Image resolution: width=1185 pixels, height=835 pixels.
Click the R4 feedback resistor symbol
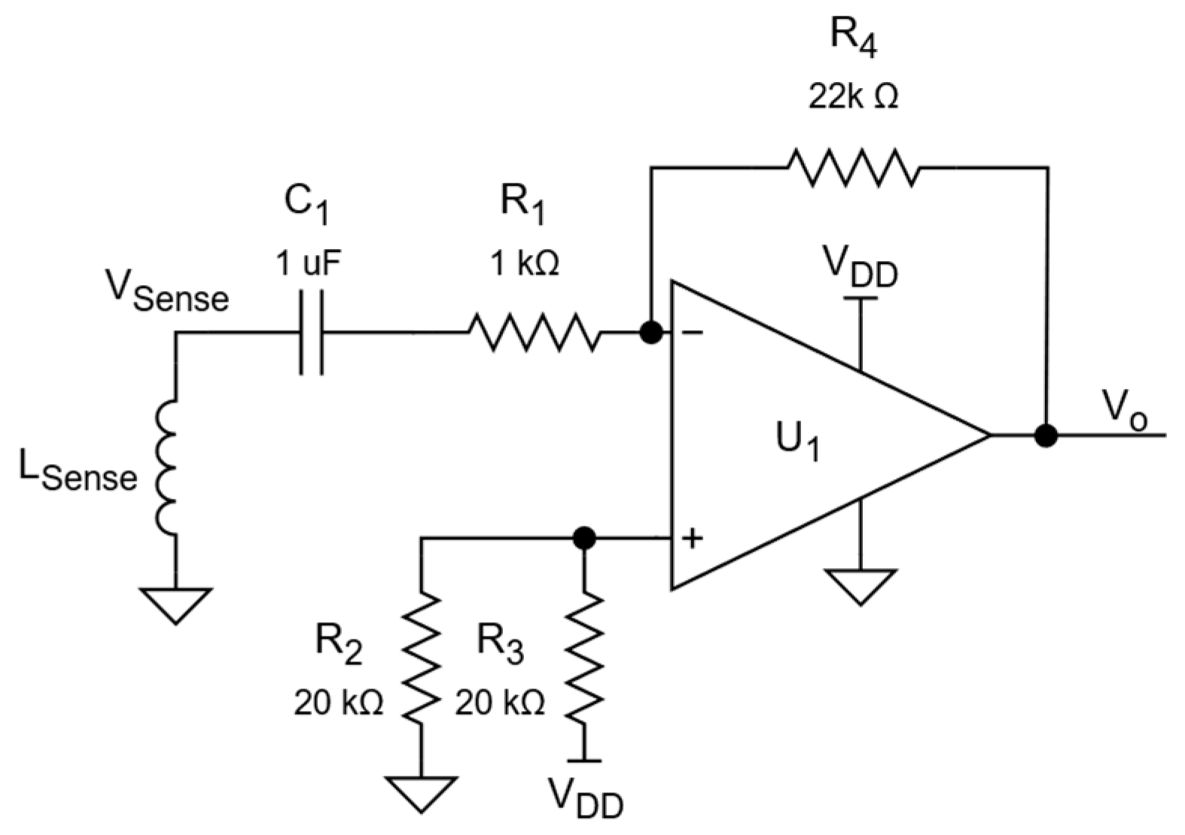pyautogui.click(x=853, y=168)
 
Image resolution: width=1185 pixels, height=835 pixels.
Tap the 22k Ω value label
pyautogui.click(x=853, y=97)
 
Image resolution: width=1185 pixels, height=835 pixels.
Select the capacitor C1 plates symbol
pyautogui.click(x=311, y=332)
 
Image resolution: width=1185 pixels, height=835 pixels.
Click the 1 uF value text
pyautogui.click(x=309, y=264)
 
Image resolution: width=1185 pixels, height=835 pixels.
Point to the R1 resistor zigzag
pyautogui.click(x=535, y=332)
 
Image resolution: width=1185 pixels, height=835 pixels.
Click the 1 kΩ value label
pyautogui.click(x=525, y=264)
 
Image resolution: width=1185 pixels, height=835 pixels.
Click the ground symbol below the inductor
pyautogui.click(x=175, y=604)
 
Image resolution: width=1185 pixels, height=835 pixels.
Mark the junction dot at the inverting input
pyautogui.click(x=651, y=332)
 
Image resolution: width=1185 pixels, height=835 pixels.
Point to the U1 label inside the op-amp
pyautogui.click(x=797, y=442)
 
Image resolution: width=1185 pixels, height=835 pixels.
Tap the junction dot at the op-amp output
pyautogui.click(x=1046, y=435)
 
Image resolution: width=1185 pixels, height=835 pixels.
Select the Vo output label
pyautogui.click(x=1125, y=411)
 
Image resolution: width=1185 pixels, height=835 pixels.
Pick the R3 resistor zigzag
pyautogui.click(x=584, y=658)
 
